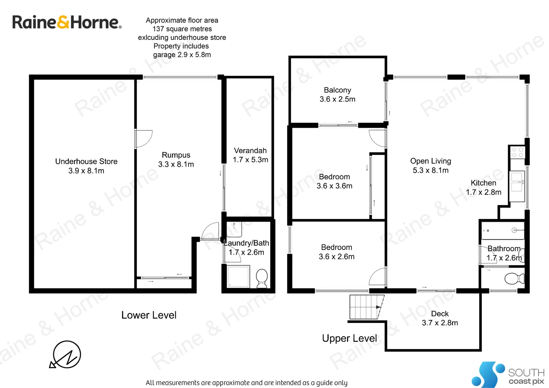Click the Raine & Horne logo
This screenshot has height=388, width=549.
click(x=67, y=22)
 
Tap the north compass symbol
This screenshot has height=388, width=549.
click(x=66, y=354)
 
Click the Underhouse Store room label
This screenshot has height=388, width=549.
click(x=86, y=166)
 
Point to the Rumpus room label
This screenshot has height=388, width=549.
click(x=176, y=160)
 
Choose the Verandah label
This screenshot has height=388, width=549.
click(x=250, y=155)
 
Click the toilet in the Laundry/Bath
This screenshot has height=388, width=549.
click(x=262, y=278)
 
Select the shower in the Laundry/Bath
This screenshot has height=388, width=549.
click(x=238, y=276)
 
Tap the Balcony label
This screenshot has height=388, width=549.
click(x=337, y=94)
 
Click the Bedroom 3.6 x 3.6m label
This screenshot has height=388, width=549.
click(x=335, y=181)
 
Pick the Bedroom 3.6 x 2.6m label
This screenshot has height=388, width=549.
click(x=337, y=252)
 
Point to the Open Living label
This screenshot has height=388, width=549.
click(x=430, y=166)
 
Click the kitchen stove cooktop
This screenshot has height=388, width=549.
click(x=517, y=152)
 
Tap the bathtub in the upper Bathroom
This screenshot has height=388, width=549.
click(x=502, y=230)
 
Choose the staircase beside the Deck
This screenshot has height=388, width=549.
click(x=366, y=307)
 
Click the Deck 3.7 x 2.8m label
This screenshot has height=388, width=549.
click(x=440, y=318)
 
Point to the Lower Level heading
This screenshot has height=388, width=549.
click(x=149, y=315)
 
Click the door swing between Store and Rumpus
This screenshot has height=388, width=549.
click(x=144, y=139)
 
